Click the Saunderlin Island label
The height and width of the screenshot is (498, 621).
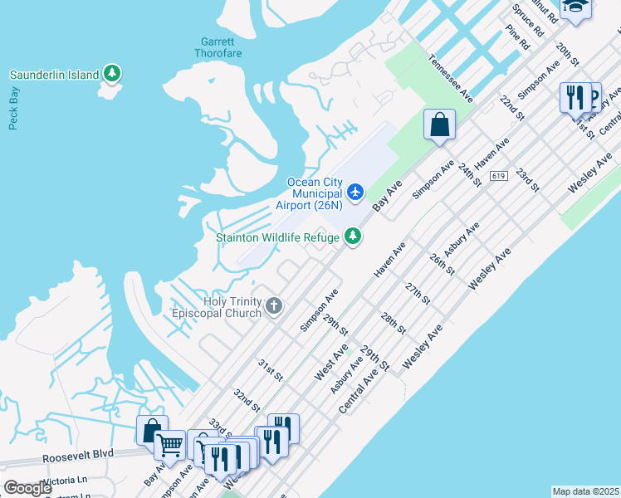pos(54,75)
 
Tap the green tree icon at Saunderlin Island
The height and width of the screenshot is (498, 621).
pos(112,75)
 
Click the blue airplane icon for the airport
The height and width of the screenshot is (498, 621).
pos(355,193)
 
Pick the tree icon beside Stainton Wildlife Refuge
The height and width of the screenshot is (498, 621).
pos(354,237)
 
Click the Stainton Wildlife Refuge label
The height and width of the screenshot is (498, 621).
pos(277,237)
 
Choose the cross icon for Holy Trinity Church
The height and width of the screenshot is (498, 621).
pos(274,308)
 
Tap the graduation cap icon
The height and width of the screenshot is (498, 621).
pos(574,7)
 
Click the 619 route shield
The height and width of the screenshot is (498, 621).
pos(498,176)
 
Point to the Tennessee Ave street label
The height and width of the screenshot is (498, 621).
pos(452,80)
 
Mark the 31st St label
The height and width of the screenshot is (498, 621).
pos(269,370)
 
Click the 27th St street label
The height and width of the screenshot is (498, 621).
pos(418,293)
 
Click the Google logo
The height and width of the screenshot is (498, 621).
pos(27,488)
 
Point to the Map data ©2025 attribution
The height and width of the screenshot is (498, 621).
pos(585,491)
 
